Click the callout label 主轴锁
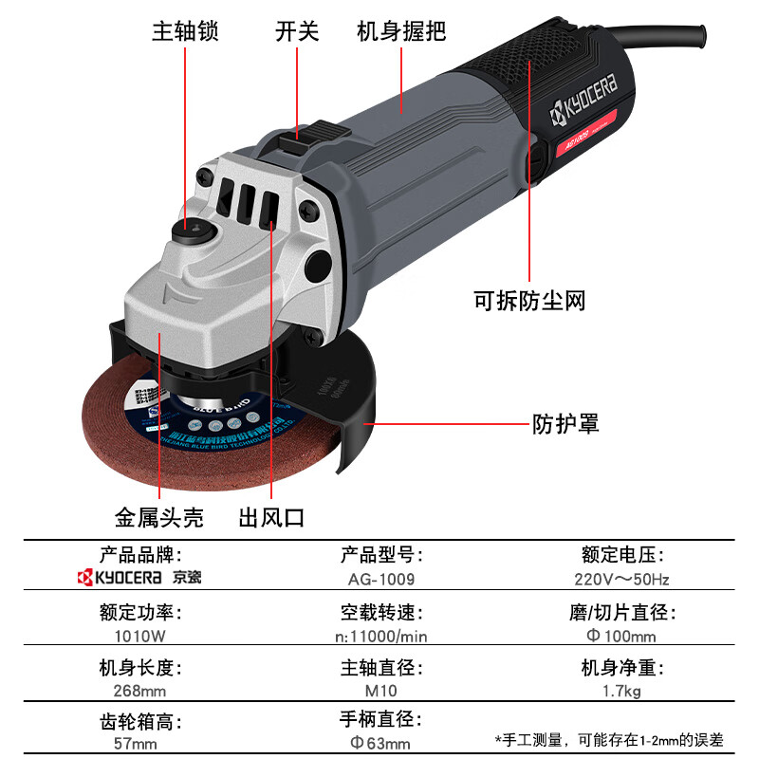click(185, 31)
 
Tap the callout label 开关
click(297, 31)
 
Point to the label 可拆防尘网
click(529, 302)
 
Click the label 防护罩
click(565, 422)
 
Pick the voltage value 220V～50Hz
click(621, 578)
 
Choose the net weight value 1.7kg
click(621, 691)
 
